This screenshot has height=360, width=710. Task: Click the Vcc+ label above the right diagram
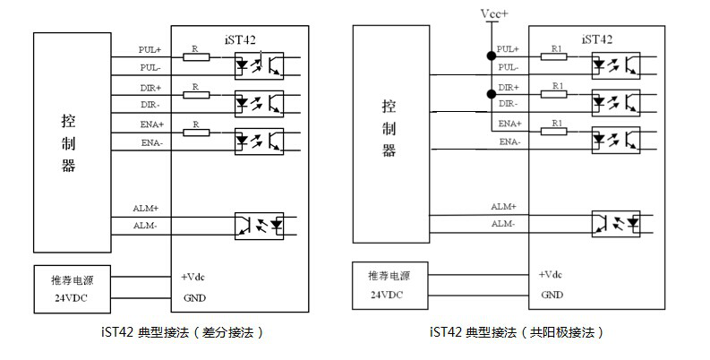(494, 14)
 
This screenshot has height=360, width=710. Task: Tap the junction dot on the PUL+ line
(492, 56)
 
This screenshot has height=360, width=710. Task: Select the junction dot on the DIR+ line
(492, 94)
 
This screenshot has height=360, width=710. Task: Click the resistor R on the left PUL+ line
(196, 56)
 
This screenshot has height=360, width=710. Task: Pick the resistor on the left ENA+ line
(196, 133)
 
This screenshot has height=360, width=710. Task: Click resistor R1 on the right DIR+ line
(554, 94)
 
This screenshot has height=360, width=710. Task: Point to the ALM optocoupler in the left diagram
(259, 226)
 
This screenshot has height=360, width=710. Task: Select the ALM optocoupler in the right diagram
(616, 224)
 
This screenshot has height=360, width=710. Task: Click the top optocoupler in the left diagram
(259, 65)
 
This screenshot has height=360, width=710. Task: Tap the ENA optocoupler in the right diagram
(616, 141)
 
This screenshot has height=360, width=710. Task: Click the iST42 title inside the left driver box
(240, 39)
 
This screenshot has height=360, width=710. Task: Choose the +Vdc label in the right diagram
(550, 274)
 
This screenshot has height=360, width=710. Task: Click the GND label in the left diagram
(194, 298)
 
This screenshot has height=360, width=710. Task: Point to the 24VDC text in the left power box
(71, 298)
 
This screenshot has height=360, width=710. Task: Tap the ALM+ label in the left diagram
(146, 209)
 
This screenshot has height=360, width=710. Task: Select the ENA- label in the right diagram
(509, 141)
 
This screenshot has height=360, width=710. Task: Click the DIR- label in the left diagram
(150, 105)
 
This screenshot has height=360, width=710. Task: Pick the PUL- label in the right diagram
(509, 67)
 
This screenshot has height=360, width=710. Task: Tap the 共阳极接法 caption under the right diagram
(562, 332)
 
